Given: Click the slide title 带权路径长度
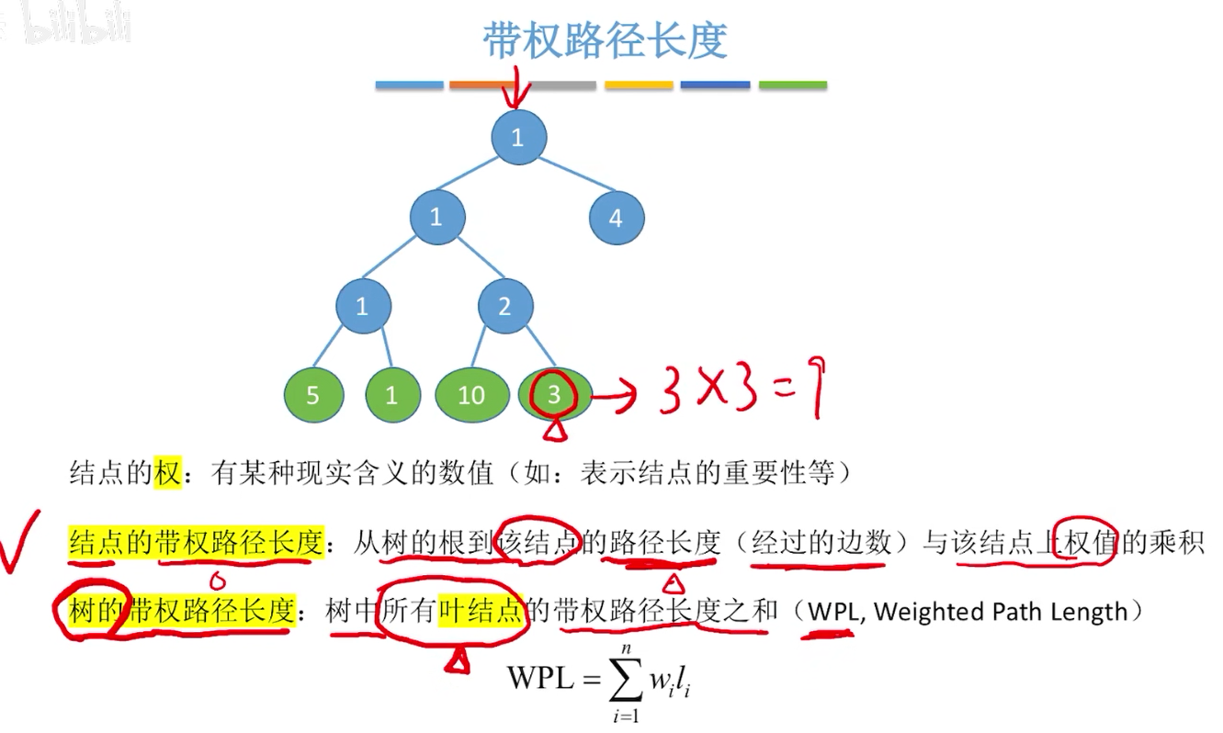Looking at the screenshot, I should click(x=605, y=40).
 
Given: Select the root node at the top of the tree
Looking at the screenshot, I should click(x=518, y=138).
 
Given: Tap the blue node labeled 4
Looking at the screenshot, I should click(x=616, y=219).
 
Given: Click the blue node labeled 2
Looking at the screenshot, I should click(x=504, y=306).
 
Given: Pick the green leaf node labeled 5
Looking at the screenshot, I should click(x=312, y=395).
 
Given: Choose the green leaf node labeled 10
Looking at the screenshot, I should click(x=470, y=395).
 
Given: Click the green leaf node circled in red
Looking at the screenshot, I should click(x=554, y=395).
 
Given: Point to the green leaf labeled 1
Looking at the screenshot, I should click(x=392, y=395).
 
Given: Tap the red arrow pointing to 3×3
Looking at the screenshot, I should click(x=616, y=397).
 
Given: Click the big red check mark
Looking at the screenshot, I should click(x=20, y=541).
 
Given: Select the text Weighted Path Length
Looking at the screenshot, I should click(x=1001, y=611).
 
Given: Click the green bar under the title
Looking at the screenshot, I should click(x=792, y=85).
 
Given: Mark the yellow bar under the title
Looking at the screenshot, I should click(x=639, y=85).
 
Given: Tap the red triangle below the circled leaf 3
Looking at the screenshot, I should click(x=553, y=429).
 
